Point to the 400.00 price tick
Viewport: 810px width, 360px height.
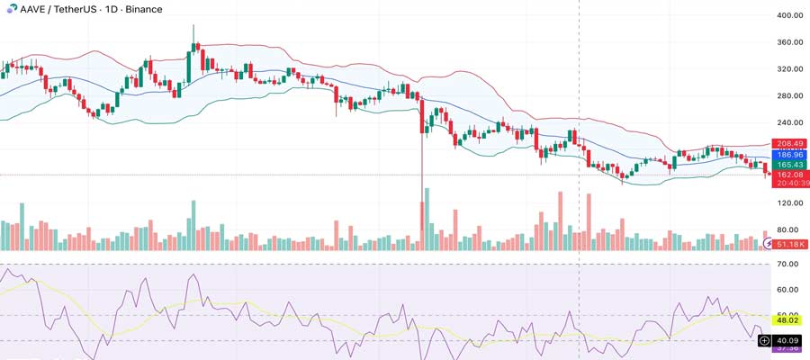click(x=789, y=15)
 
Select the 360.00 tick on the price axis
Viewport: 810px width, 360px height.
click(x=789, y=42)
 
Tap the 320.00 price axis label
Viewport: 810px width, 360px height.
click(x=789, y=69)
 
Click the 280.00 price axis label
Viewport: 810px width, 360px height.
click(x=789, y=96)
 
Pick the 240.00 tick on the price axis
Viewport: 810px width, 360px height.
click(x=789, y=123)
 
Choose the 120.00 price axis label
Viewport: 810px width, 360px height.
click(x=789, y=204)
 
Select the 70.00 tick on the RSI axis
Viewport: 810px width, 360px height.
click(x=789, y=265)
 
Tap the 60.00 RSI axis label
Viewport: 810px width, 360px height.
click(x=789, y=290)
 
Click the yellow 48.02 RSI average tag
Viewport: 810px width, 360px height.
click(x=789, y=319)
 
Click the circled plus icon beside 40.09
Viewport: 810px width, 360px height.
click(x=765, y=340)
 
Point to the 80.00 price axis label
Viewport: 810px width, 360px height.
click(x=789, y=231)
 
